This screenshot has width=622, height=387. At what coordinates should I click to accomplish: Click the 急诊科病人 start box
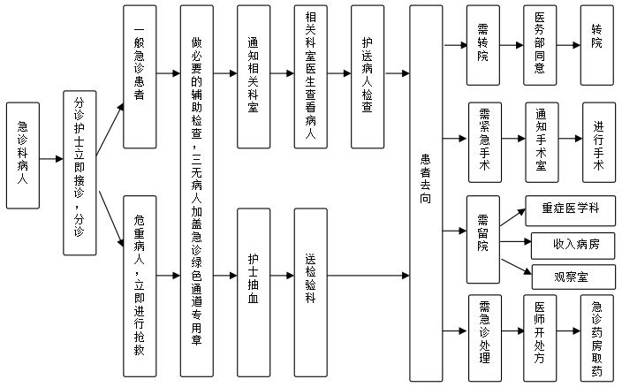pyautogui.click(x=23, y=156)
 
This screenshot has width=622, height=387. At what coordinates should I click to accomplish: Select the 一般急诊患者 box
pyautogui.click(x=140, y=77)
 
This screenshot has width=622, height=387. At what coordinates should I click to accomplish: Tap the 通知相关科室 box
pyautogui.click(x=254, y=77)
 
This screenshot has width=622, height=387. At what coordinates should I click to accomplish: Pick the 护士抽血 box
pyautogui.click(x=254, y=292)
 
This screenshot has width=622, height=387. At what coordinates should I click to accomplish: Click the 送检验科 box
pyautogui.click(x=311, y=292)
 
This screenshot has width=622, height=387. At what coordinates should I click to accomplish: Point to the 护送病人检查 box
pyautogui.click(x=368, y=77)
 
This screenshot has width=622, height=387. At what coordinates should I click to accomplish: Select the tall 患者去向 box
pyautogui.click(x=426, y=193)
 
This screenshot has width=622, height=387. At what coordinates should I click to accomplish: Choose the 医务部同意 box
pyautogui.click(x=540, y=45)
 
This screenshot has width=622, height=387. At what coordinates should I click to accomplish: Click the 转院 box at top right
pyautogui.click(x=596, y=45)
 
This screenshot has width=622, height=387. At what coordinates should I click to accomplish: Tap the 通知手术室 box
pyautogui.click(x=542, y=142)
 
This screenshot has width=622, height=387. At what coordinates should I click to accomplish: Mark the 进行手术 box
pyautogui.click(x=599, y=142)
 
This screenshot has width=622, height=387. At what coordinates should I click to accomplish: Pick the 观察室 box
pyautogui.click(x=573, y=277)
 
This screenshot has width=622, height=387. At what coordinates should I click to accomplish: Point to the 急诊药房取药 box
pyautogui.click(x=596, y=338)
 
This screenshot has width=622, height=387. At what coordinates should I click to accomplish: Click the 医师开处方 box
pyautogui.click(x=540, y=338)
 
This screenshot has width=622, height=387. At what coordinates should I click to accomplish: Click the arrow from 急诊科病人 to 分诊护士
pyautogui.click(x=51, y=159)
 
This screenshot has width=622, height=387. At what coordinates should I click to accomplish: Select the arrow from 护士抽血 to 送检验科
pyautogui.click(x=282, y=276)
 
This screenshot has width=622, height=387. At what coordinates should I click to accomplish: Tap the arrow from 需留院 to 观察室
pyautogui.click(x=516, y=267)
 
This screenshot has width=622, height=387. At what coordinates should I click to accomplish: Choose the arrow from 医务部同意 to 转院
pyautogui.click(x=568, y=45)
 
